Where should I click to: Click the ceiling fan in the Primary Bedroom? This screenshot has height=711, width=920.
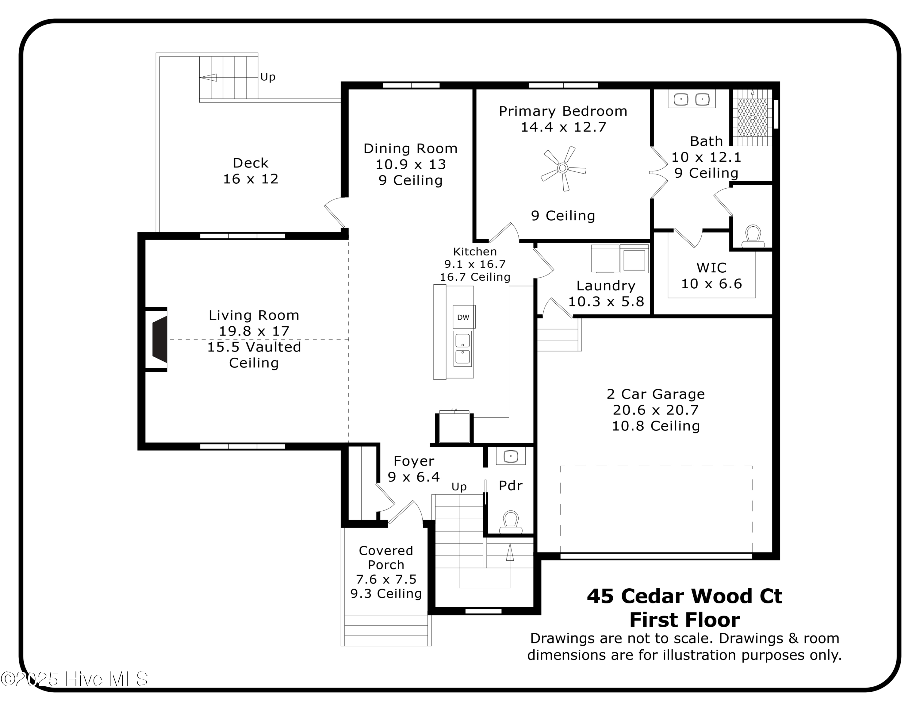(x=563, y=168)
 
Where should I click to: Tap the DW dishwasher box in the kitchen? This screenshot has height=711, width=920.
(x=463, y=317)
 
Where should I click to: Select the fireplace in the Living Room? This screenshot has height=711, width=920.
(x=159, y=340)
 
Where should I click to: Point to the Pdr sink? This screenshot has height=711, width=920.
(x=511, y=456)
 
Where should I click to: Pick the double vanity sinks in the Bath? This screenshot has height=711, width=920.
(x=691, y=99)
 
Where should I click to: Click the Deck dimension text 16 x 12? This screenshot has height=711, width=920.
(x=251, y=179)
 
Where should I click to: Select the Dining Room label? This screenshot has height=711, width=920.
(x=410, y=149)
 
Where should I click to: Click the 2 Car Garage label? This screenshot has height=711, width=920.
(x=655, y=394)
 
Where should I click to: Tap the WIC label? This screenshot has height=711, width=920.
(x=711, y=268)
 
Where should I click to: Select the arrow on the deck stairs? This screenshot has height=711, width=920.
(x=209, y=78)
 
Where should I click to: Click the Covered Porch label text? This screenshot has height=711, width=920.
(x=386, y=558)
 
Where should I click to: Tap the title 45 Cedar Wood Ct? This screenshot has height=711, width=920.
(x=684, y=596)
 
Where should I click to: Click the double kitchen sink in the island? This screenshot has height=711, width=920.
(x=462, y=349)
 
